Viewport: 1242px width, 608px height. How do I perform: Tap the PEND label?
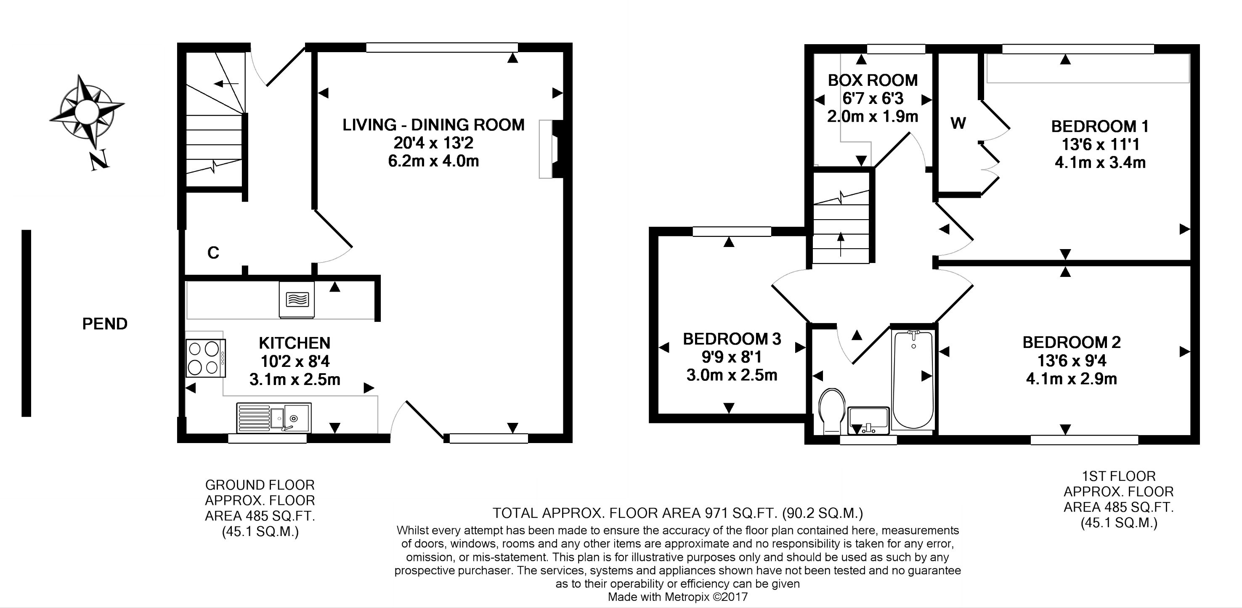(105, 324)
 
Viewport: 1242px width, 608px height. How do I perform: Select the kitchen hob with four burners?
(206, 358)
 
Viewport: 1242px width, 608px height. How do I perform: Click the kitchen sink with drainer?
(274, 417)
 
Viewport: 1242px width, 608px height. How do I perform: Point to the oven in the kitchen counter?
(297, 300)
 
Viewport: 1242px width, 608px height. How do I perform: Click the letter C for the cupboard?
(213, 252)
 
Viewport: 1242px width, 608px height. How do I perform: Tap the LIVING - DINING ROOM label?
(433, 125)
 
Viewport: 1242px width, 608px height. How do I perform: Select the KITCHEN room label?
(295, 343)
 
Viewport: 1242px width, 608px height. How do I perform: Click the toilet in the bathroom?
(832, 410)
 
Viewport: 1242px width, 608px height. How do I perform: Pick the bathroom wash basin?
(868, 419)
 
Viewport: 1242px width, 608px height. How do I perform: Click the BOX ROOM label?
(873, 80)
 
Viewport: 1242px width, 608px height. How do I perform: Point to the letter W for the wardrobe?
(958, 123)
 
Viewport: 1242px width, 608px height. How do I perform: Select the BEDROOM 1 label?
(1100, 126)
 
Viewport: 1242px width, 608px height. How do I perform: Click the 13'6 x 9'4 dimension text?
(1071, 361)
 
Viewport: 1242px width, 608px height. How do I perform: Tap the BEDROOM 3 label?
(732, 339)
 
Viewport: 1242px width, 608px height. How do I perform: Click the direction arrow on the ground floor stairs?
(226, 84)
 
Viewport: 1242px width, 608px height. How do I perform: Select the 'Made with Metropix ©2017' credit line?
(677, 597)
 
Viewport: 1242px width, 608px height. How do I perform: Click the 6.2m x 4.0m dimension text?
(433, 161)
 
